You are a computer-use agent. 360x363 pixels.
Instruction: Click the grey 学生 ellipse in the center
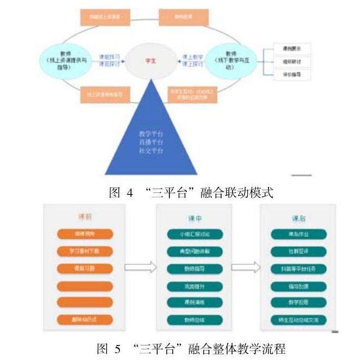(148, 60)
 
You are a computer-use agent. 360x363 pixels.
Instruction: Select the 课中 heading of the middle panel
(195, 219)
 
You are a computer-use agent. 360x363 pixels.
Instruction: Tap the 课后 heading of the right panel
(298, 219)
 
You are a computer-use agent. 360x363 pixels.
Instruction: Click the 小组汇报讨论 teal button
(194, 234)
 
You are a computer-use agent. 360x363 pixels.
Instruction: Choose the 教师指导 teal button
(194, 268)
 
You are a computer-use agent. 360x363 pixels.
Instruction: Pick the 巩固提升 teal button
(194, 286)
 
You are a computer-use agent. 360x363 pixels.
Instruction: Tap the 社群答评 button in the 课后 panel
(298, 251)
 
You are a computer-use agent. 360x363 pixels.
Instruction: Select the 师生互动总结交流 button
(298, 319)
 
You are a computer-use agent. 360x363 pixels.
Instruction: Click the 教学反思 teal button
(298, 302)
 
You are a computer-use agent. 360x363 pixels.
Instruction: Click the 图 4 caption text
(191, 192)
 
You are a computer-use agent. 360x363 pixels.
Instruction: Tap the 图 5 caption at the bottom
(191, 348)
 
